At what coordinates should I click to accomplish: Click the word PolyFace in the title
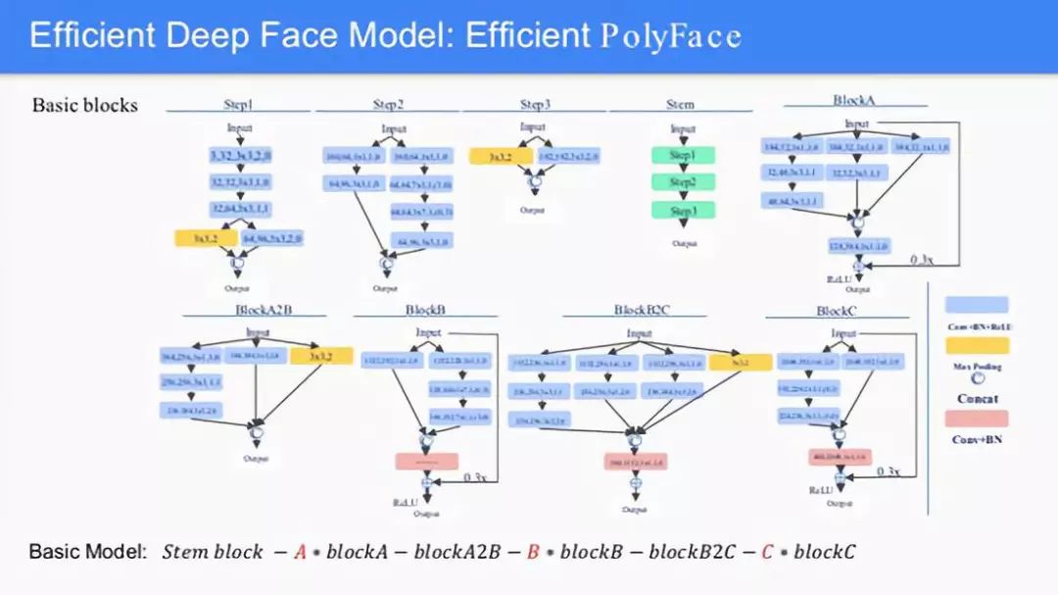point(670,36)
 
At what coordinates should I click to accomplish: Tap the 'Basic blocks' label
point(85,105)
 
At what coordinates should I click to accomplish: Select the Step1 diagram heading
point(237,104)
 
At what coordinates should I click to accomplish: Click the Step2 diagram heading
point(388,104)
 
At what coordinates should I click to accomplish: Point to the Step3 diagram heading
point(535,104)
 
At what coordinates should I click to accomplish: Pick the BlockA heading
point(854,100)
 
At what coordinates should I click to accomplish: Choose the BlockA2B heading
point(264,310)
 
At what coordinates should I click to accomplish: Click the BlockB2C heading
point(642,310)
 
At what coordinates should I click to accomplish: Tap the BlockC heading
point(837,311)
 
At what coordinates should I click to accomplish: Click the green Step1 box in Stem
point(683,155)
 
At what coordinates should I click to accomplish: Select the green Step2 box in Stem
point(683,182)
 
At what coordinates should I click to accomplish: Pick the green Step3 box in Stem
point(683,210)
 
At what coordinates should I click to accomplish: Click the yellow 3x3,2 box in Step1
point(206,237)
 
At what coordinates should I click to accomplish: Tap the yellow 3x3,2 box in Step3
point(501,156)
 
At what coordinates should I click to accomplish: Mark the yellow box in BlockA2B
point(320,356)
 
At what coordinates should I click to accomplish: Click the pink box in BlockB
point(427,461)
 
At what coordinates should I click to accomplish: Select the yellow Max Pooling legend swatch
point(976,345)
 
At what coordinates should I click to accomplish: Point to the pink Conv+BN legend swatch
point(976,419)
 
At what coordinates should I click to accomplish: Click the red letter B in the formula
point(533,552)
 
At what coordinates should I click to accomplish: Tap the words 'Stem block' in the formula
point(213,552)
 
